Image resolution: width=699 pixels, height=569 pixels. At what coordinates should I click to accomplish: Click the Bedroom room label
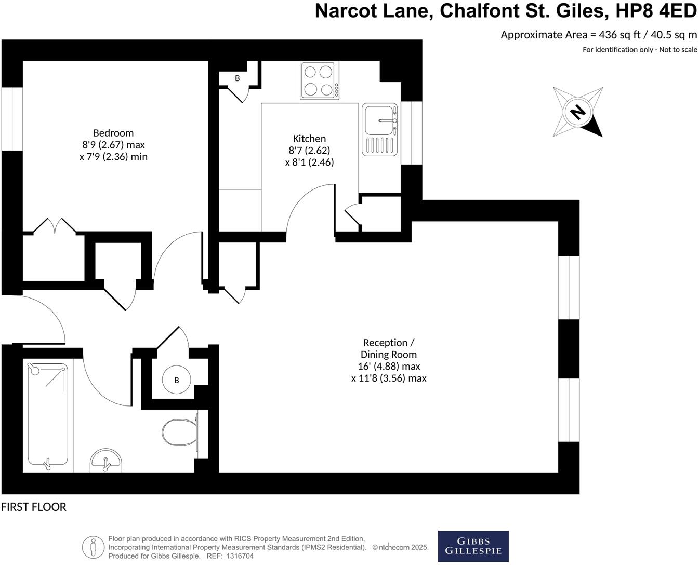(x=113, y=133)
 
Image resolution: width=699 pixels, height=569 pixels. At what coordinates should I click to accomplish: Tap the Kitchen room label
(x=309, y=139)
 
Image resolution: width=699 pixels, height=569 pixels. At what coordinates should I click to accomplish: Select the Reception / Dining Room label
(x=389, y=348)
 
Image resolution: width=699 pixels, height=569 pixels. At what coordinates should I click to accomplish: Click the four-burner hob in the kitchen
(x=319, y=80)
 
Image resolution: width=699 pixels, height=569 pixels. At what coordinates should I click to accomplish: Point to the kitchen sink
(x=380, y=121)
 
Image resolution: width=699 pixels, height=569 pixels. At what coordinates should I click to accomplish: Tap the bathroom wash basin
(x=106, y=461)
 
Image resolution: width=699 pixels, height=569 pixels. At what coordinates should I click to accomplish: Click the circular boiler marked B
(x=176, y=380)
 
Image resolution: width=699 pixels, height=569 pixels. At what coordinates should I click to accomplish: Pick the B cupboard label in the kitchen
(x=238, y=78)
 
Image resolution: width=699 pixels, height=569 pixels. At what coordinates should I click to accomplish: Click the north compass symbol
(x=577, y=112)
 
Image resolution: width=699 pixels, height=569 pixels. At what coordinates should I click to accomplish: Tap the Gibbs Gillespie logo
(x=473, y=546)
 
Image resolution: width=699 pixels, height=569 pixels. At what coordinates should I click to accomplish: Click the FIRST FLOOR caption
(x=34, y=507)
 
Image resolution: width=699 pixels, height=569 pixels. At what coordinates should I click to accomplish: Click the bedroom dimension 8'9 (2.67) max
(x=113, y=145)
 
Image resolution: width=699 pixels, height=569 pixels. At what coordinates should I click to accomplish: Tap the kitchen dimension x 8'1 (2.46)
(x=309, y=162)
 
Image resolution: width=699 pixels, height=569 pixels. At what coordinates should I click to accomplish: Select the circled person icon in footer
(x=93, y=547)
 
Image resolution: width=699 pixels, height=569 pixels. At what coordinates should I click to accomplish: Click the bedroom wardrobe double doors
(x=55, y=226)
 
